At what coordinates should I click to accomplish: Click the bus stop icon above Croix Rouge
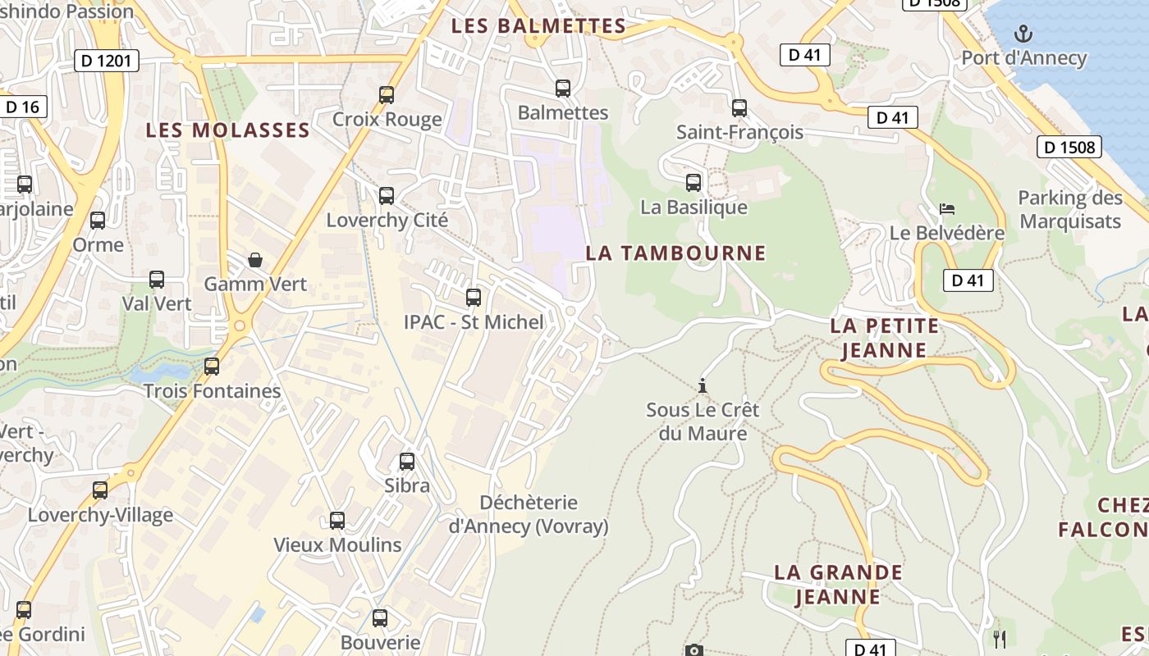[x=387, y=94]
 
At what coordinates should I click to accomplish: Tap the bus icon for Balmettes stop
[x=562, y=88]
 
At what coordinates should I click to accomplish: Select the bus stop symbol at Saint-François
[x=739, y=107]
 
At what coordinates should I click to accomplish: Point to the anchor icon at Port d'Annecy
[x=1023, y=34]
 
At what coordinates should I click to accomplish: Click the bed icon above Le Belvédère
[x=947, y=209]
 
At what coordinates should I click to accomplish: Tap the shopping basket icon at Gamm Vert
[x=255, y=260]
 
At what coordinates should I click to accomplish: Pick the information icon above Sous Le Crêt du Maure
[x=702, y=385]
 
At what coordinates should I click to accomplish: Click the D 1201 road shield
[x=107, y=60]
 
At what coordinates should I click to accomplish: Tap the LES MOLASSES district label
[x=228, y=130]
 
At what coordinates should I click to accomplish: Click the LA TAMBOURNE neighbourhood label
[x=675, y=253]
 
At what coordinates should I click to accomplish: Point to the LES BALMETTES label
[x=538, y=26]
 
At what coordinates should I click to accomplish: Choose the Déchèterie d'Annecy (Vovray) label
[x=529, y=514]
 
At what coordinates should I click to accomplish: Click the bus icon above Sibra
[x=406, y=462]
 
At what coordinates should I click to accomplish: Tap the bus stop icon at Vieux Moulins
[x=336, y=521]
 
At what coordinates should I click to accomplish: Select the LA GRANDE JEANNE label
[x=838, y=584]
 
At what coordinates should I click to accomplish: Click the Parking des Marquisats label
[x=1070, y=209]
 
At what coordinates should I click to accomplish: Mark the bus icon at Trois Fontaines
[x=212, y=367]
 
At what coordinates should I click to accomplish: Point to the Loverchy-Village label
[x=100, y=515]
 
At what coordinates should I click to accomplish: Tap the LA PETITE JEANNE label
[x=884, y=338]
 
